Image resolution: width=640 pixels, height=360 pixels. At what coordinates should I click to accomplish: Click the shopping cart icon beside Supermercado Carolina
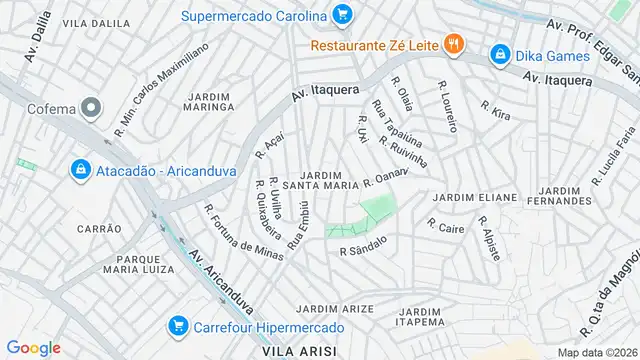click(343, 15)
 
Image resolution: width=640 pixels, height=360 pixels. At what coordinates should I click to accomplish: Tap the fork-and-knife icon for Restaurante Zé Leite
click(453, 43)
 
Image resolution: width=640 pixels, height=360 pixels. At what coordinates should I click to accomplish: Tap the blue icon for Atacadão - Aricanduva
click(78, 170)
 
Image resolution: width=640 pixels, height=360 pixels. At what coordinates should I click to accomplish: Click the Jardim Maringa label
click(208, 103)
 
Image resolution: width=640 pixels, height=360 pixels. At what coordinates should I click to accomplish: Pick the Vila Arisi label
click(297, 351)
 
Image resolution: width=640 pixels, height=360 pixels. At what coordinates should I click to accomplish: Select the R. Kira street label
click(495, 110)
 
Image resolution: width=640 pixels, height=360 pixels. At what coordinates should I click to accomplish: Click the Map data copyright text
click(597, 351)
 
